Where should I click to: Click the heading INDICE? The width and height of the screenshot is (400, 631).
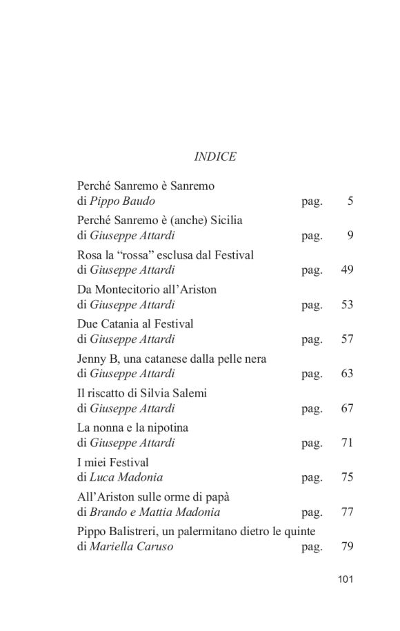point(214,157)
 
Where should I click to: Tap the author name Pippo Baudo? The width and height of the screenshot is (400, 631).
point(122,201)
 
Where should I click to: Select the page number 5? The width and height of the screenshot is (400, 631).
point(350,201)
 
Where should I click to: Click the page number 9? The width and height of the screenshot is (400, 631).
point(350,236)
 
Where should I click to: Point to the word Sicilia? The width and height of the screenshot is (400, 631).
point(223,221)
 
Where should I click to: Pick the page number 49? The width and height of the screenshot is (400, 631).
point(347,270)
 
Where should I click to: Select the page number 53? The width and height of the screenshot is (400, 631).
point(347,305)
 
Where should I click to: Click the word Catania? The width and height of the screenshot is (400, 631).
point(122,324)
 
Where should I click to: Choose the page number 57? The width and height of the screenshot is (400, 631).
point(347,339)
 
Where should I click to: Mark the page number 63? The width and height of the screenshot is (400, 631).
point(347,374)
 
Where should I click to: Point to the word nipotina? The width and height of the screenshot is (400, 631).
point(165,428)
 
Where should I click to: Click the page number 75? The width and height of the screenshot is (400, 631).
point(347,477)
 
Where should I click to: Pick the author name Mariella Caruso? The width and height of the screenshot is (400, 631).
point(131,547)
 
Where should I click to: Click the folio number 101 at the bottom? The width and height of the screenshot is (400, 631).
point(346,579)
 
